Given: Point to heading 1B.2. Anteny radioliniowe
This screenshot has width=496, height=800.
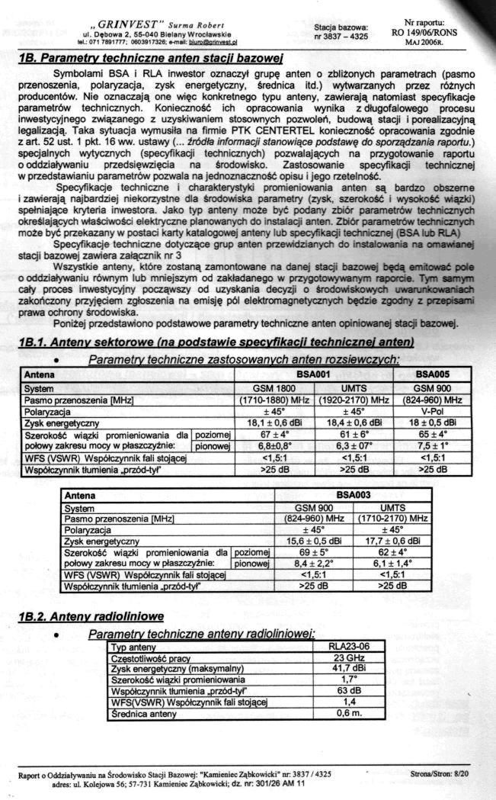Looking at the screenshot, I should click(91, 616).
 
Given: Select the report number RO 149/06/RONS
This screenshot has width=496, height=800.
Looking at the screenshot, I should click(430, 33).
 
